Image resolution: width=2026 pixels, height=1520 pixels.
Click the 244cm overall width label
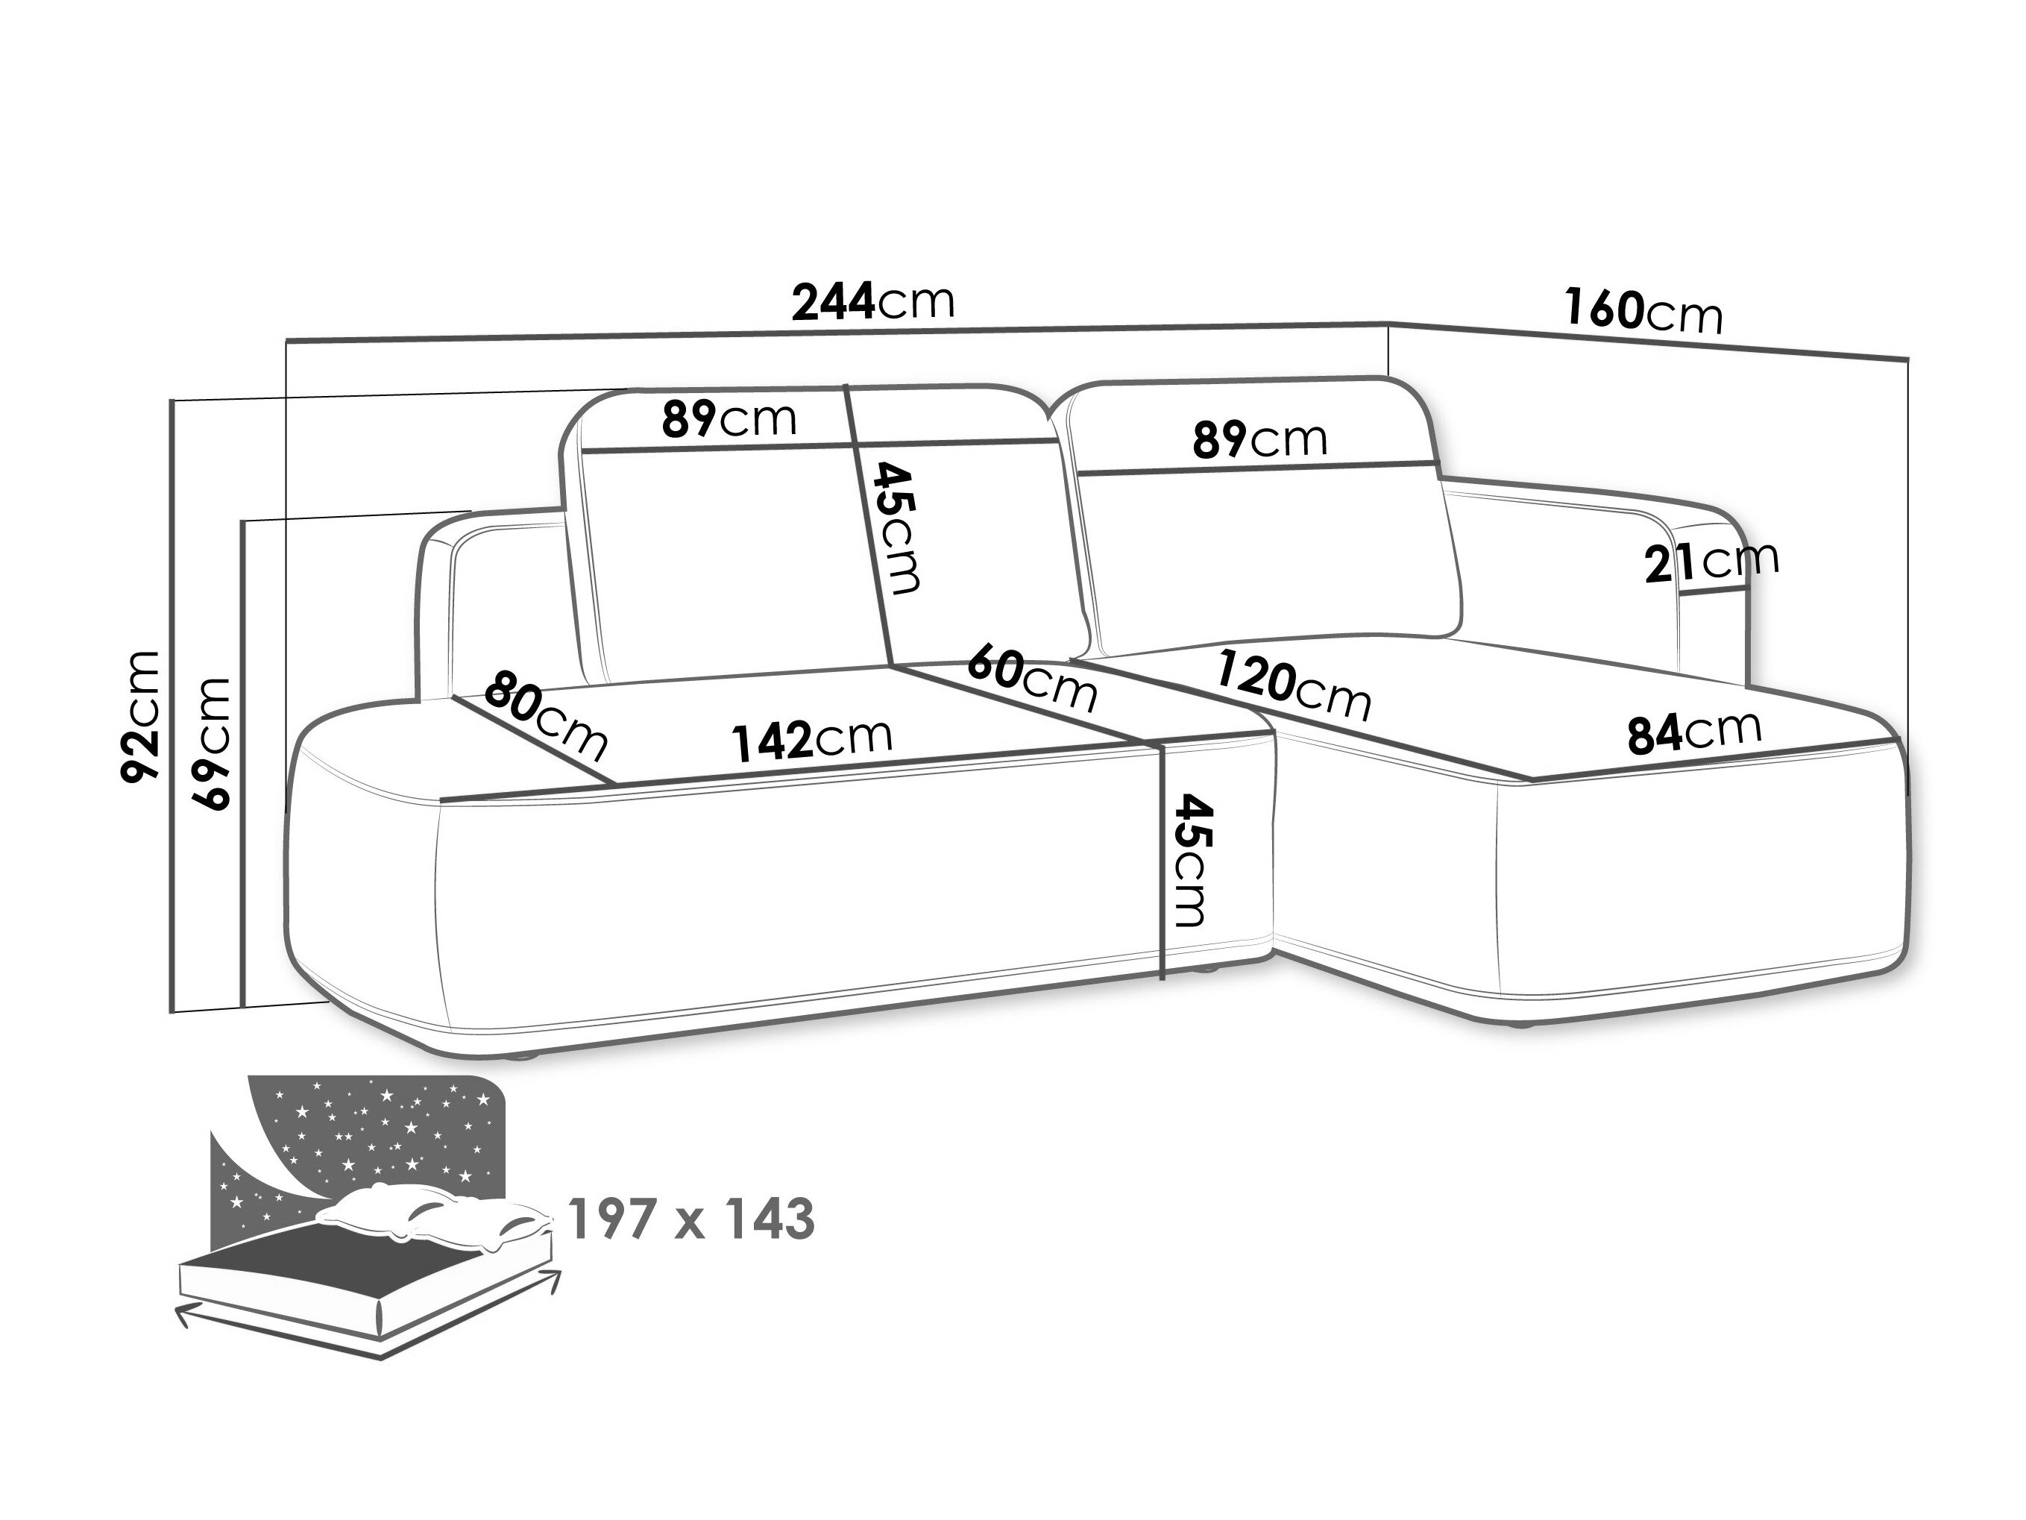coord(873,301)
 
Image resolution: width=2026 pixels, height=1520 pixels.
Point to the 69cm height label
coord(211,743)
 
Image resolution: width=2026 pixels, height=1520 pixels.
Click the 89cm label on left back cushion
coord(729,418)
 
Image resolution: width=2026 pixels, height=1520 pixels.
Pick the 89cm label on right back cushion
coord(1259,439)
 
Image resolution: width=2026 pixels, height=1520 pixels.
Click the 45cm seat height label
coord(1195,861)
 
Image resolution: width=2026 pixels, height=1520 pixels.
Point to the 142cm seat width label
coord(811,739)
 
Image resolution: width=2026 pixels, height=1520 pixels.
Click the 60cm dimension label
coord(1032,678)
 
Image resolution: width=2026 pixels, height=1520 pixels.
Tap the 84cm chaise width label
coord(1694,730)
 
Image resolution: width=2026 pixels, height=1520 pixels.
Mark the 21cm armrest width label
coord(1711,561)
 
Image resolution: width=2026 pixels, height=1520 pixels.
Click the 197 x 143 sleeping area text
coord(691,1219)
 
